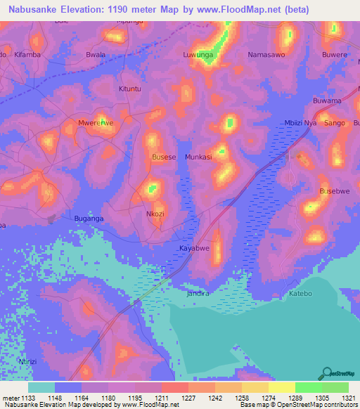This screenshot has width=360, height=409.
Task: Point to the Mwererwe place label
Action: tap(96, 122)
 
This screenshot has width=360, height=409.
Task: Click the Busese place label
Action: tap(164, 157)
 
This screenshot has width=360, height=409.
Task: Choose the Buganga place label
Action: tap(89, 219)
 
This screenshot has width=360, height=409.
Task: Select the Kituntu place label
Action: tap(130, 89)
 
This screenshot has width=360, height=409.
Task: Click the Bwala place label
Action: tap(96, 54)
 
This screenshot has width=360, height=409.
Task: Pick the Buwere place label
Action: tap(335, 54)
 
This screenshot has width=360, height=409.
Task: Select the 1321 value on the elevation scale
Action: tap(347, 397)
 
